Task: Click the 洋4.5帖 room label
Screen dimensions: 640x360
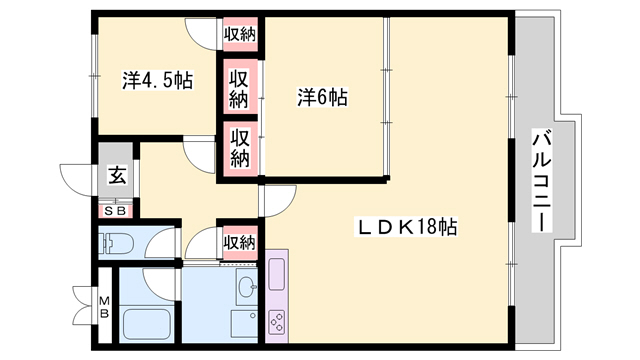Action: (158, 80)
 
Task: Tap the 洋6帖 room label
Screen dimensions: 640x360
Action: (322, 98)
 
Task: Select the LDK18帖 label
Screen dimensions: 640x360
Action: (406, 227)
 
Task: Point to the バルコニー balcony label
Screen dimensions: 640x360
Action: (542, 180)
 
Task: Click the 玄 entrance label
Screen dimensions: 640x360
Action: (117, 176)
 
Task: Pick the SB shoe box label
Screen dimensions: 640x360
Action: (116, 211)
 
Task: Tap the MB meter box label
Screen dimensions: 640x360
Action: (105, 307)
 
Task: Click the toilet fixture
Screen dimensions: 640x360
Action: (116, 243)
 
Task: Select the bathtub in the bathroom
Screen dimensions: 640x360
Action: (147, 324)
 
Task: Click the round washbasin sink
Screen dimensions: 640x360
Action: (247, 287)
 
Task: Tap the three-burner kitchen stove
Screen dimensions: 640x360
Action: (277, 322)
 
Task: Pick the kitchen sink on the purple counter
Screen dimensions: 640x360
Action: (276, 274)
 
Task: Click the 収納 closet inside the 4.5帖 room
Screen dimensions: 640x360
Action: (240, 34)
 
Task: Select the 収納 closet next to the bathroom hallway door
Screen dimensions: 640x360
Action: (240, 243)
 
